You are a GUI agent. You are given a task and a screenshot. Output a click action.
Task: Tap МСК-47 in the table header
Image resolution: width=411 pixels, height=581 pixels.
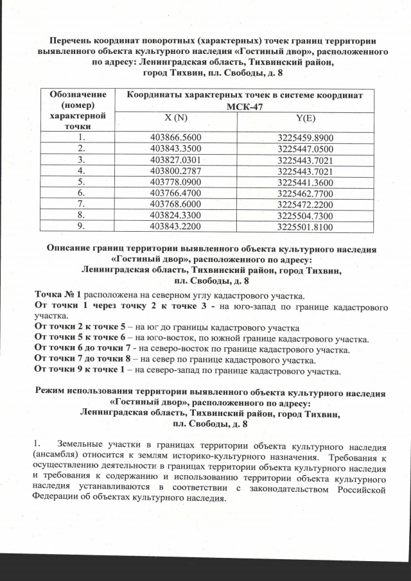pos(245,107)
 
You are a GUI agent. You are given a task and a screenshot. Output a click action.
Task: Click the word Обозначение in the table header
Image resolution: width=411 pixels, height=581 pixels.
pos(81,94)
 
